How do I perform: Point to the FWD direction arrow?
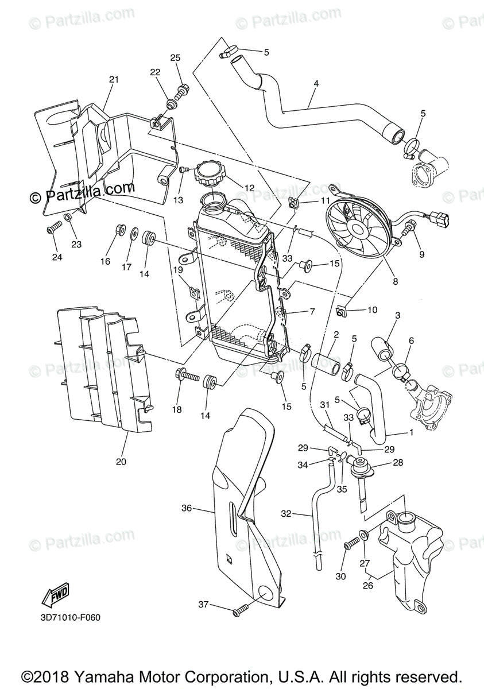[55, 596]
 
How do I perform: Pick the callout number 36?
[186, 508]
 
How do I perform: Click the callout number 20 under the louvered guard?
[121, 461]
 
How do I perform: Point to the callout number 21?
[113, 79]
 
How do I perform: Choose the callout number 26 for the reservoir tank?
[367, 586]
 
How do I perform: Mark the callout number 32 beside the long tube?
[286, 513]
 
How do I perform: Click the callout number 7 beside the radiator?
[312, 312]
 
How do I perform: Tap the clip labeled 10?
[342, 312]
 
